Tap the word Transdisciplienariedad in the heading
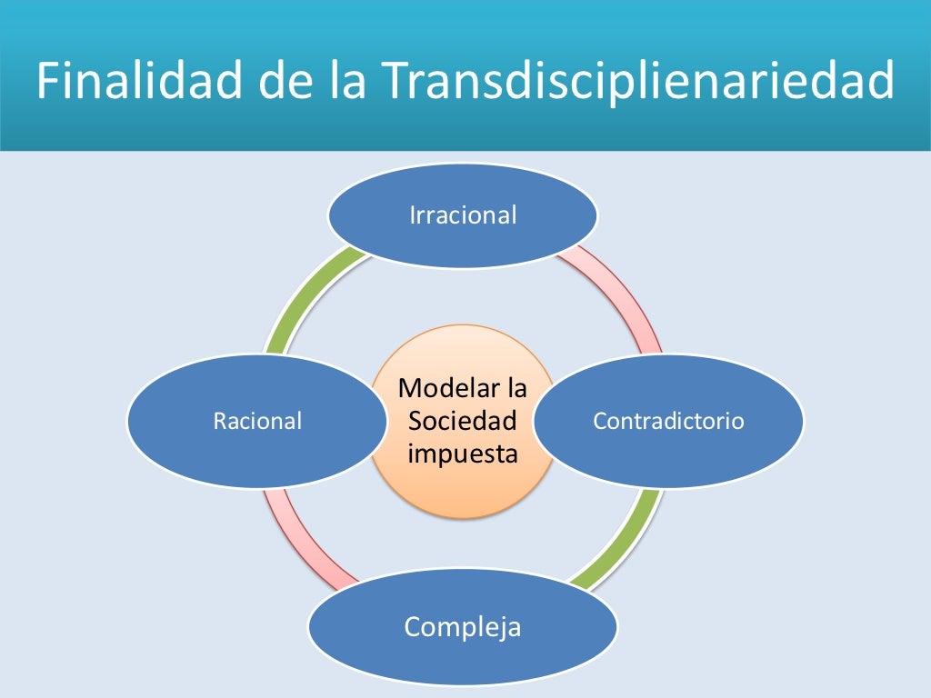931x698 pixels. pyautogui.click(x=637, y=82)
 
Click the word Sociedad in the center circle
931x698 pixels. pyautogui.click(x=462, y=421)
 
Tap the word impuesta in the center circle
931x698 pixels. pyautogui.click(x=462, y=453)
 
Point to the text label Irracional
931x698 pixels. pyautogui.click(x=462, y=215)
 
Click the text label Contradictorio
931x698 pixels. pyautogui.click(x=668, y=421)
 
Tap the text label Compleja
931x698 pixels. pyautogui.click(x=462, y=626)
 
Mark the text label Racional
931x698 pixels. pyautogui.click(x=256, y=421)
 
